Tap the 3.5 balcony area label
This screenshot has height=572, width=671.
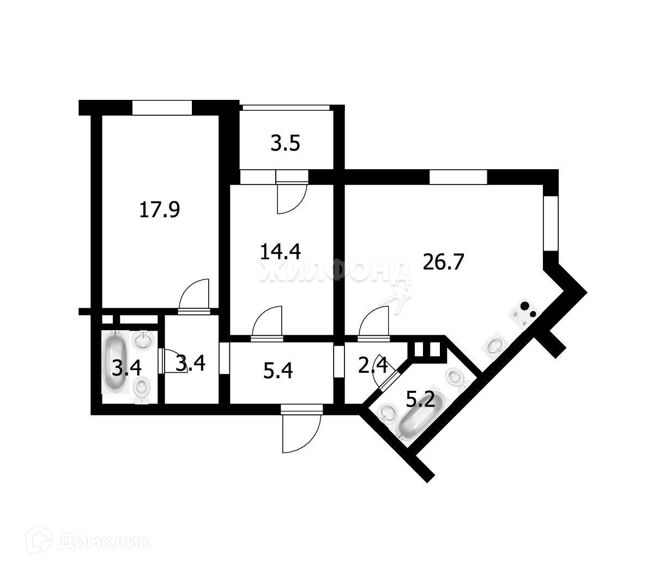(x=286, y=145)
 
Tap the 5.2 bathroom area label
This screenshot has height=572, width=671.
(x=420, y=401)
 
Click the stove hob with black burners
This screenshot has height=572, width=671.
(x=524, y=314)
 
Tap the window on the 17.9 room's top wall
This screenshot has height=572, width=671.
(x=162, y=107)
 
